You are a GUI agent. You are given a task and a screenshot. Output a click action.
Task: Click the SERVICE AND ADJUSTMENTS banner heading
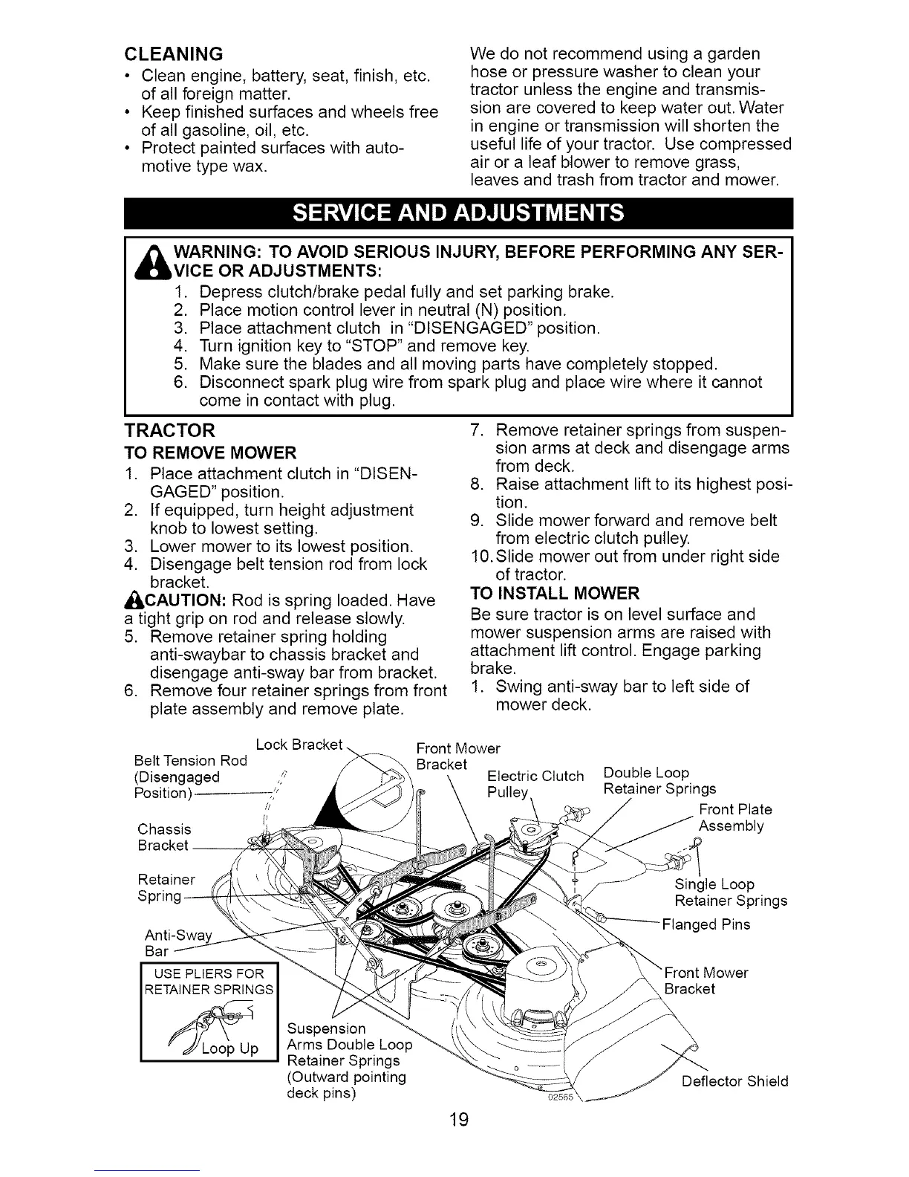(x=458, y=213)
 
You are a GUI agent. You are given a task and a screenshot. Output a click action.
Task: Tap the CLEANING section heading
(x=174, y=53)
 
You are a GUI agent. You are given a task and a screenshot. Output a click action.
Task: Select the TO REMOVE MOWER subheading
(x=209, y=453)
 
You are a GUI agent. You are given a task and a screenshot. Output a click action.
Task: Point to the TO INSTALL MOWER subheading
(x=555, y=593)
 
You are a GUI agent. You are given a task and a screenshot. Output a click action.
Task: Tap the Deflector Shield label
(x=734, y=1081)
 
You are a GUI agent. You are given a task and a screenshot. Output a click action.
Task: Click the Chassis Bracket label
(x=164, y=837)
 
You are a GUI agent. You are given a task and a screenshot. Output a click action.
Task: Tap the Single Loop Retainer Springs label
(x=730, y=892)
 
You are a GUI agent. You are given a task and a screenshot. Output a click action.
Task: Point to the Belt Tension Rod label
(x=189, y=768)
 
